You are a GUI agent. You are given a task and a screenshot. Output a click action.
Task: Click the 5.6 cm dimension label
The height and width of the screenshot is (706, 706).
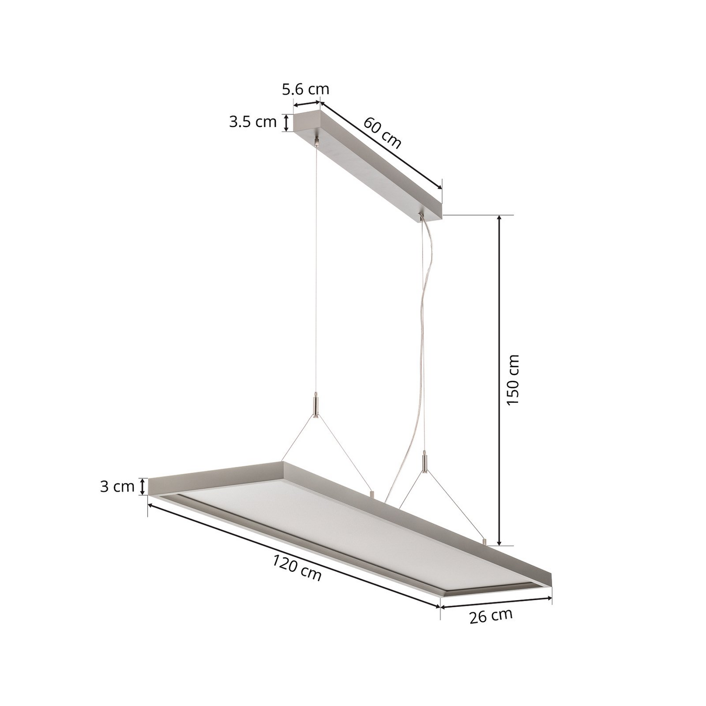(305, 89)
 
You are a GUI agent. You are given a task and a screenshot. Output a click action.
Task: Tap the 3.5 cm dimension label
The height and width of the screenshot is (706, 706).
(253, 122)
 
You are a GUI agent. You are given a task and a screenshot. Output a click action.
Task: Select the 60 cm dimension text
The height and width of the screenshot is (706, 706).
(382, 133)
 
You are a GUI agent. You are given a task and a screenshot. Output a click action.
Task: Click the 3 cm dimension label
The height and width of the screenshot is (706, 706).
(117, 487)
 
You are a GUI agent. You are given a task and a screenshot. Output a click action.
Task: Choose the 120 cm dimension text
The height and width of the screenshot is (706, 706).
(297, 568)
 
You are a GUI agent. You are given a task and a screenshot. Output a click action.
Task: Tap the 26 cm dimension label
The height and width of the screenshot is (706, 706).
(491, 616)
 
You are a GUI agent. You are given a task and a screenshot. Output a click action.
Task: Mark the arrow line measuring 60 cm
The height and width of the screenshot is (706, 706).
(381, 144)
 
